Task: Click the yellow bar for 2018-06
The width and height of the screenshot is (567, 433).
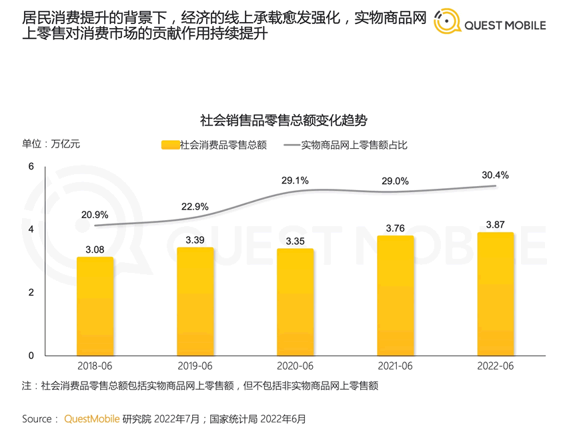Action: [x=95, y=306]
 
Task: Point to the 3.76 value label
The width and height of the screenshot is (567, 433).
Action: [x=395, y=229]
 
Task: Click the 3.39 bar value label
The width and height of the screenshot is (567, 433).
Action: [x=195, y=240]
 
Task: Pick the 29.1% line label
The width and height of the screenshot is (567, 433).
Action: [x=295, y=180]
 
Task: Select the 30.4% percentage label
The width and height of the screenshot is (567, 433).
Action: [x=495, y=175]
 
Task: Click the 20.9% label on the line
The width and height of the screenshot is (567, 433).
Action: [x=95, y=215]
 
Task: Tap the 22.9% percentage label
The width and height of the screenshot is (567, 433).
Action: [x=195, y=206]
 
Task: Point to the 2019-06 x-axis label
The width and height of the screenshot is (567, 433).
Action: [x=195, y=366]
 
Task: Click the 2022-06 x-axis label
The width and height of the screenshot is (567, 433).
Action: [x=495, y=366]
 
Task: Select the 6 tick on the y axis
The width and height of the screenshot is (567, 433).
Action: [x=31, y=166]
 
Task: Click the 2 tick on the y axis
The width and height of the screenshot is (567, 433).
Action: [x=31, y=292]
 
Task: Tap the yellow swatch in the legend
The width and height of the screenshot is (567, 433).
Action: [x=171, y=145]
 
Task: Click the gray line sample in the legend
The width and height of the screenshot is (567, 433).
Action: [x=292, y=145]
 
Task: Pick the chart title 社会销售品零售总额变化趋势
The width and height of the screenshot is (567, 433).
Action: [x=283, y=121]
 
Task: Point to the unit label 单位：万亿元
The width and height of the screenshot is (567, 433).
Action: [x=51, y=144]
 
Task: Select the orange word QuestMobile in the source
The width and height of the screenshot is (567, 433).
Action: [x=91, y=419]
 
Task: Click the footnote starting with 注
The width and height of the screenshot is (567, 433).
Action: [x=200, y=386]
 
